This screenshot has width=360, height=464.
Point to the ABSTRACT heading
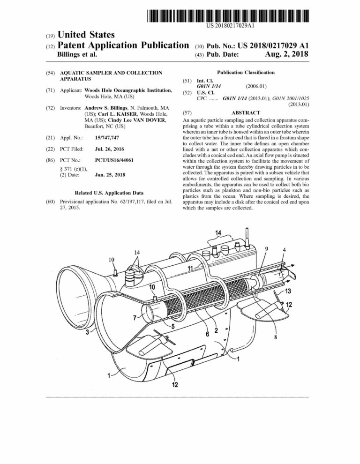pos(245,113)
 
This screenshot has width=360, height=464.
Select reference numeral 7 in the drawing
pos(135,318)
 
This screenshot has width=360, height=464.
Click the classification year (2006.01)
pos(256,86)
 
